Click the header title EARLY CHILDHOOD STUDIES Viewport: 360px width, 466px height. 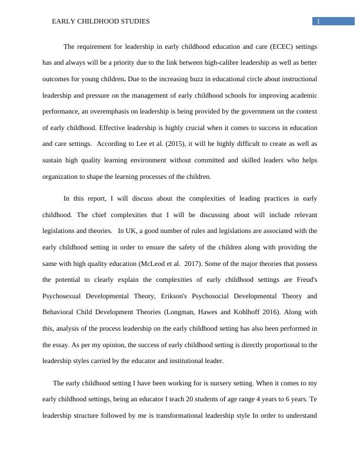(x=101, y=21)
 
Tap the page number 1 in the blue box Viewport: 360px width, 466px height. (x=318, y=22)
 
